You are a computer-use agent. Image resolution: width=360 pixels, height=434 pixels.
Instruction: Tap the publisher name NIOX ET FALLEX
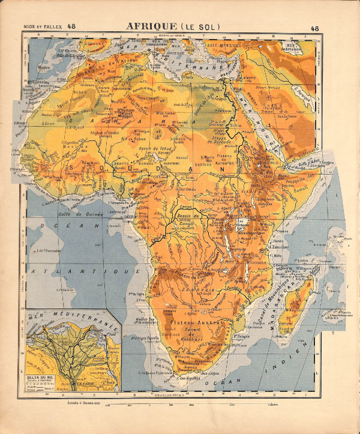coord(43,26)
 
